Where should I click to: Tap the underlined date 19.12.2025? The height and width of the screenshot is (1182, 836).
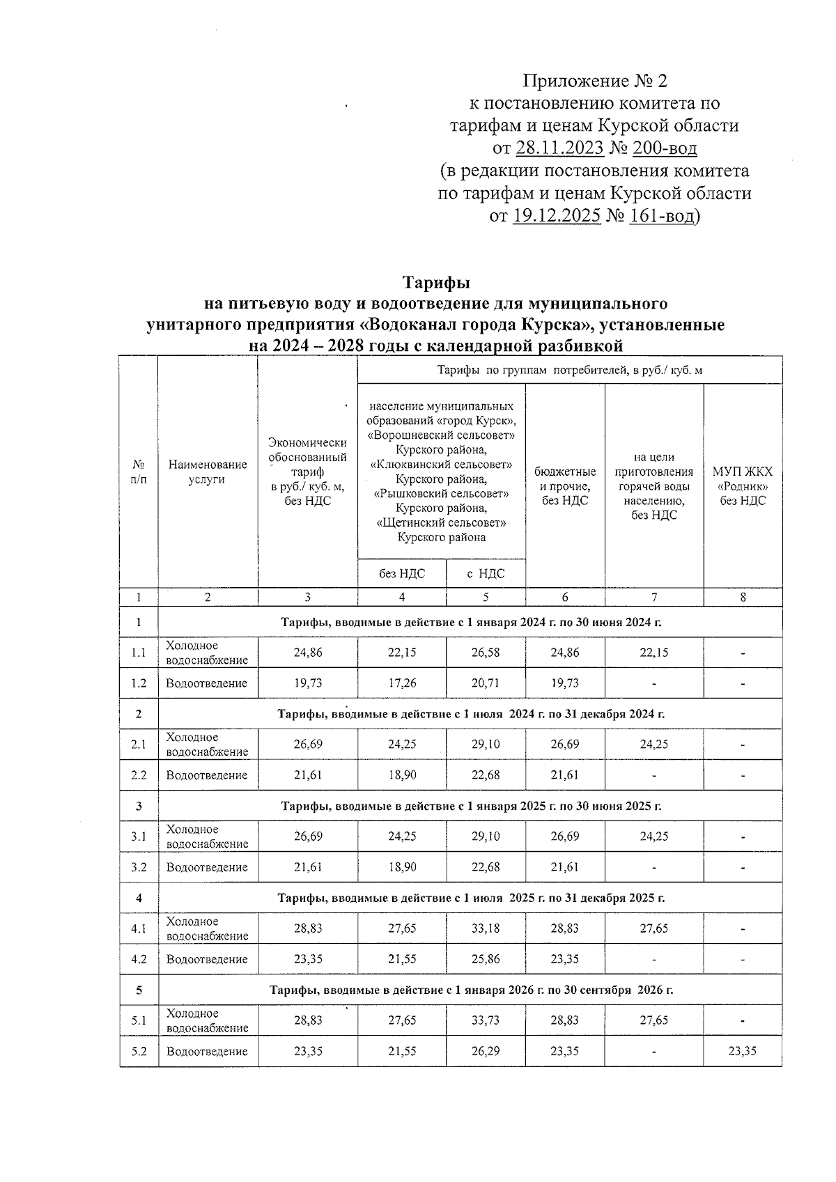pyautogui.click(x=557, y=216)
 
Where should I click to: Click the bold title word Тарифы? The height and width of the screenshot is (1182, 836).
pyautogui.click(x=436, y=283)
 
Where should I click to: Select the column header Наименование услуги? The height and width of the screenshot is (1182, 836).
pyautogui.click(x=208, y=472)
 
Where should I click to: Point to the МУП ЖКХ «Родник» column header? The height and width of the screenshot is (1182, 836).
pyautogui.click(x=743, y=485)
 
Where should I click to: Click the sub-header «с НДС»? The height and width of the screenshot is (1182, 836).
pyautogui.click(x=486, y=573)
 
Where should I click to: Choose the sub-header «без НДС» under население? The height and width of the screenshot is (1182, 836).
pyautogui.click(x=402, y=573)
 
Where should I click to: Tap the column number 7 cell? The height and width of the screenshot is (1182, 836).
pyautogui.click(x=654, y=597)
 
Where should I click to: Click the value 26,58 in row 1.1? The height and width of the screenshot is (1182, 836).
pyautogui.click(x=486, y=653)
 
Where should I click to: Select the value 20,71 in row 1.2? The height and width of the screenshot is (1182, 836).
pyautogui.click(x=486, y=683)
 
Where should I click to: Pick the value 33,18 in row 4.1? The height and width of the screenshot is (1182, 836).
pyautogui.click(x=486, y=928)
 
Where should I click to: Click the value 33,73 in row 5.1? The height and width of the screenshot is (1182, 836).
pyautogui.click(x=486, y=1020)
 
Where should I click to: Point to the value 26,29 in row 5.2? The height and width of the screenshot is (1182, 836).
pyautogui.click(x=486, y=1051)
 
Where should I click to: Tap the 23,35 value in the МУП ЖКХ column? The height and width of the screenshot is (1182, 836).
pyautogui.click(x=743, y=1051)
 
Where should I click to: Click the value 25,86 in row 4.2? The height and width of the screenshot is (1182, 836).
pyautogui.click(x=486, y=959)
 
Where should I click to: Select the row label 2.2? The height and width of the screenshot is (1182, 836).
pyautogui.click(x=139, y=775)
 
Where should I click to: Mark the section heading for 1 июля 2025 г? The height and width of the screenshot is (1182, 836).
pyautogui.click(x=471, y=898)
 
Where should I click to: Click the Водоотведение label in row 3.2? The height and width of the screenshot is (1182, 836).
pyautogui.click(x=207, y=867)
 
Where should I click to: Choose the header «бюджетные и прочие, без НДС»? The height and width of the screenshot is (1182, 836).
pyautogui.click(x=565, y=485)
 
